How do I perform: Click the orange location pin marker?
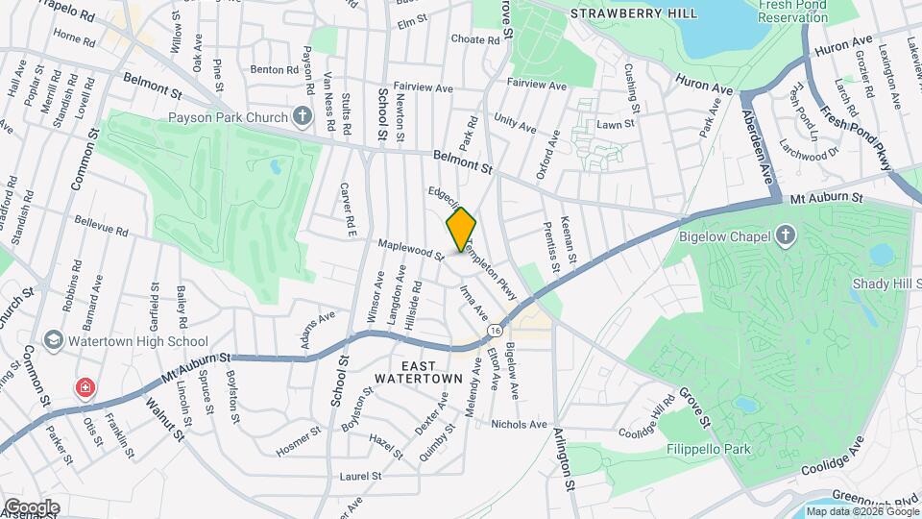(462, 229)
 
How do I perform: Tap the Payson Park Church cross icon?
(303, 118)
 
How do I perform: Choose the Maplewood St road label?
(411, 252)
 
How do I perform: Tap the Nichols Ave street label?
(519, 424)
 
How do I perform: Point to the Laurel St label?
(361, 476)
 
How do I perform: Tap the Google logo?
(31, 507)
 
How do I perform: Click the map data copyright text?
(861, 511)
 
